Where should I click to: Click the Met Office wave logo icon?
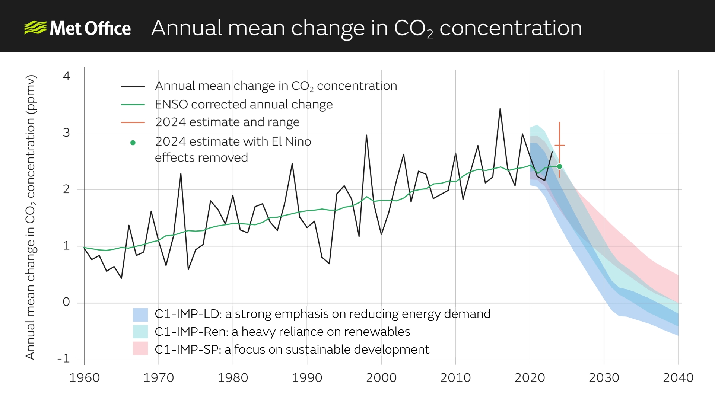coord(35,28)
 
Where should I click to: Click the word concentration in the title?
coord(511,28)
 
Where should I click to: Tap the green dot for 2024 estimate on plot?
coord(559,166)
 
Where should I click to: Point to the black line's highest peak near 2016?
coord(500,109)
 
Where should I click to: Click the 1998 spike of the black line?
coord(366,135)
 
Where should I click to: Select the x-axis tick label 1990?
coord(307,377)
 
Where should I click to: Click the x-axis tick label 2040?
coord(678,377)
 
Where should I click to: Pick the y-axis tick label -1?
coord(64,358)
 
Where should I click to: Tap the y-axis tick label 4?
coord(66,76)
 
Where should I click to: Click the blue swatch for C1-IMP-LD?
coord(140,315)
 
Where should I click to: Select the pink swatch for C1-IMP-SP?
coord(140,349)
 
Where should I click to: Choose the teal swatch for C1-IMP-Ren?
coord(140,331)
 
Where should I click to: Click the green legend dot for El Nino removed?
coord(133,143)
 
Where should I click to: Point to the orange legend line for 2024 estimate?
coord(133,122)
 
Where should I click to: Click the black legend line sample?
coord(133,86)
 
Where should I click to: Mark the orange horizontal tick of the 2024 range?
coord(559,145)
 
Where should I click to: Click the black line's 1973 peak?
coord(181,174)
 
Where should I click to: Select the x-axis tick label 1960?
coord(85,377)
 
